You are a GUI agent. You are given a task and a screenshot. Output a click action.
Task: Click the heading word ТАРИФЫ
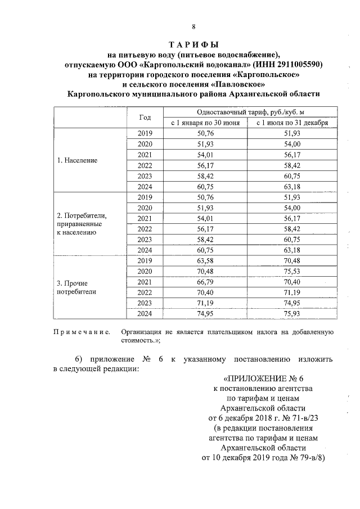coord(193,44)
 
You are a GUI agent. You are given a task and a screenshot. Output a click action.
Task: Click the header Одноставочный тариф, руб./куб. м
coord(250,112)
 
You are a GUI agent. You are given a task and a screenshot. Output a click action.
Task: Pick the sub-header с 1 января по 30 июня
coord(206,123)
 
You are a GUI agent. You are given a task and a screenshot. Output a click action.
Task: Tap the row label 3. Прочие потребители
coord(74,287)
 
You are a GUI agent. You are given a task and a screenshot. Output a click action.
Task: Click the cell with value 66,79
coord(206,282)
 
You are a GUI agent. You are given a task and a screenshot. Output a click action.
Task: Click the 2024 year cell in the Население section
coord(145,186)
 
